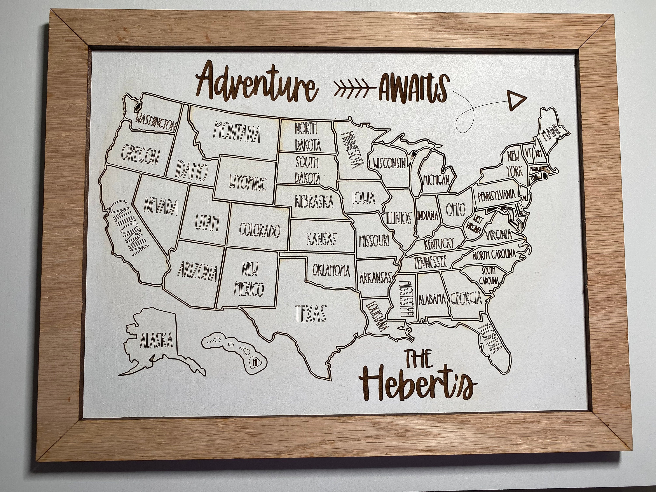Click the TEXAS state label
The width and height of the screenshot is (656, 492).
click(x=311, y=313)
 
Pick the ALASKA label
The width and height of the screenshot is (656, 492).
click(x=157, y=340)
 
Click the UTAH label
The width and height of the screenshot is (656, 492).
click(x=207, y=223)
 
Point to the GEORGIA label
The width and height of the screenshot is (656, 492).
click(x=466, y=298)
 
